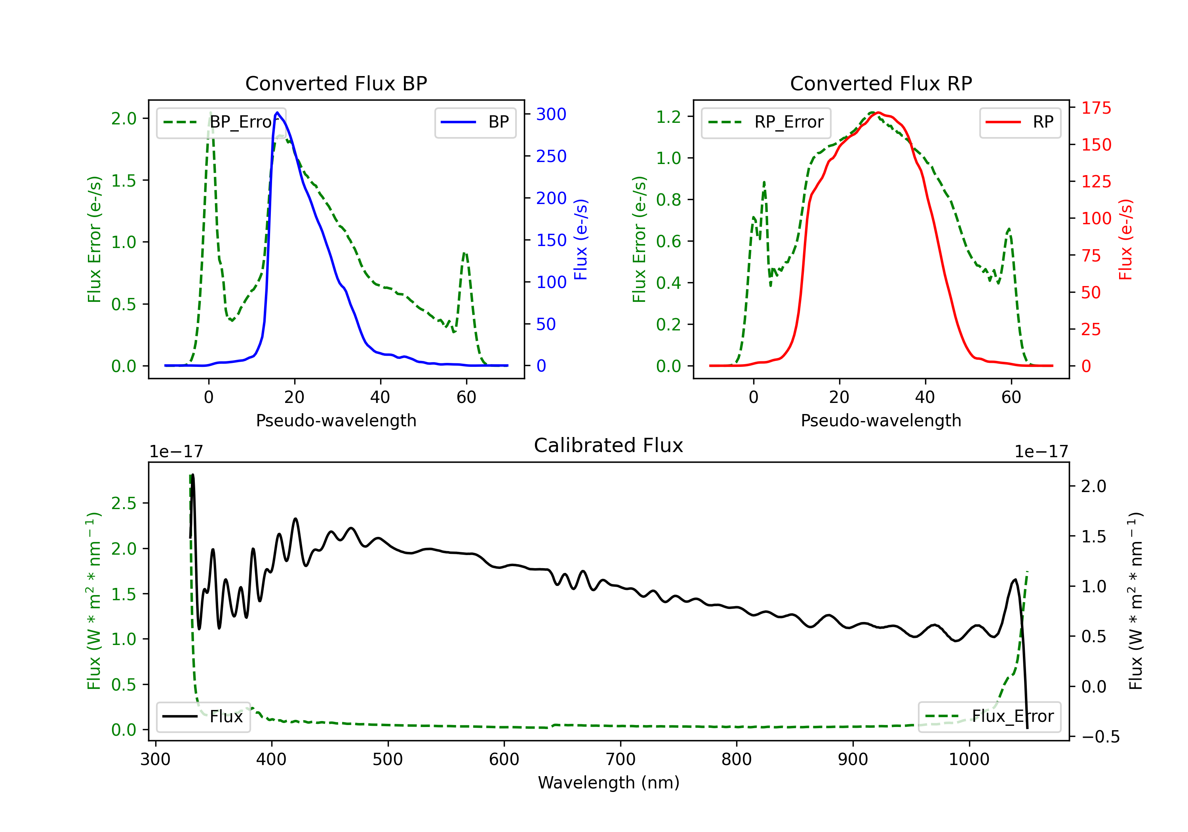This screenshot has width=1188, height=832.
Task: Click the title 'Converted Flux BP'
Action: click(x=336, y=83)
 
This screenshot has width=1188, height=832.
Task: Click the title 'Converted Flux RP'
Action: click(x=881, y=83)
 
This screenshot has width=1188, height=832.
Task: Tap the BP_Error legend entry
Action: click(x=221, y=122)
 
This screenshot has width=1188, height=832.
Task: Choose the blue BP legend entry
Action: click(x=475, y=122)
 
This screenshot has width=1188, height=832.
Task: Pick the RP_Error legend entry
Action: click(x=766, y=122)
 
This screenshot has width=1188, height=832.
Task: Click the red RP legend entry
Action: click(x=1020, y=122)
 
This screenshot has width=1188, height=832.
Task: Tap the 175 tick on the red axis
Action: click(x=1096, y=108)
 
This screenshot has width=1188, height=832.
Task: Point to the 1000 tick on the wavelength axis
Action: click(x=969, y=759)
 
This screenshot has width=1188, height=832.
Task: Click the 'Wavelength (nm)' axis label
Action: click(x=609, y=782)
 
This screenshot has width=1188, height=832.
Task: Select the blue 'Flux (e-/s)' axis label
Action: click(x=581, y=240)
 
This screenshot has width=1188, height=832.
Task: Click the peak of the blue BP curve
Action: click(x=277, y=113)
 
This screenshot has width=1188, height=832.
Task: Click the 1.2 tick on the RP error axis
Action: click(x=668, y=116)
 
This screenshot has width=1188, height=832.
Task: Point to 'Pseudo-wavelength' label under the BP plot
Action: click(x=336, y=420)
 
